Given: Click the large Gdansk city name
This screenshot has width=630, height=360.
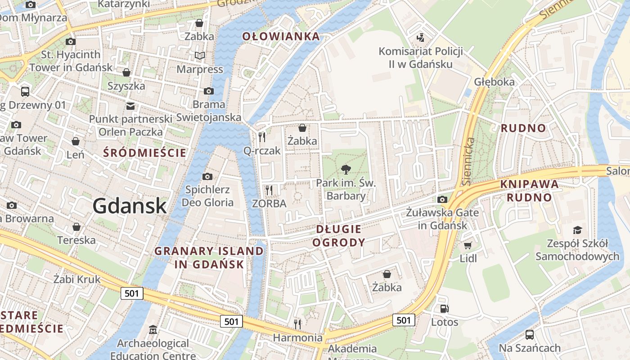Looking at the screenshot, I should point(130,206).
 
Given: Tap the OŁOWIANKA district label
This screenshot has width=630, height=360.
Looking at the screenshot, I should point(281,36).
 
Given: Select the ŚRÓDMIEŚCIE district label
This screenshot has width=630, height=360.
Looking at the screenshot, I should point(144,153).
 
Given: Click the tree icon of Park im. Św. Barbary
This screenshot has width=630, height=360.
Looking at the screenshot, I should point(346,170).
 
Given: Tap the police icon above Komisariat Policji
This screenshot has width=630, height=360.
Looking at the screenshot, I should point(420,37).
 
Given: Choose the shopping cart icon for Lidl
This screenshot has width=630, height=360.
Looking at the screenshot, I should point(468,245).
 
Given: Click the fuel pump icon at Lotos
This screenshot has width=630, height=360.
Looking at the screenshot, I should point(444,309).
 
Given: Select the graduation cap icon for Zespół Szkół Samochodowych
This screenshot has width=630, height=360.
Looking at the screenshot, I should point(577,230).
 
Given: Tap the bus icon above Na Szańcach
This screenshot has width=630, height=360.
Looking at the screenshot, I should point(530,335).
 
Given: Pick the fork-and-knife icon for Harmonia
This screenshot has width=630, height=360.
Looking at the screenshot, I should point(297,324).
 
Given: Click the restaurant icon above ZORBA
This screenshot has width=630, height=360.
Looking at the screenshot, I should point(269,190).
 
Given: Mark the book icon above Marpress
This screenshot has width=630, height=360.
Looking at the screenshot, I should point(200,56).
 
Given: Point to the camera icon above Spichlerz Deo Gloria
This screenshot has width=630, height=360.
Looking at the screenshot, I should point(207,176).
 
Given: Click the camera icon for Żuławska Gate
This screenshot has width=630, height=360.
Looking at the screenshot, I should point(442,199).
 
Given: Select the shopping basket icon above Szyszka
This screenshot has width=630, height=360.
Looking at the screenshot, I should point(126,72).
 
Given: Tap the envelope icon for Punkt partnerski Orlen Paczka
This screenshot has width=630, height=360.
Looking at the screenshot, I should point(130,106).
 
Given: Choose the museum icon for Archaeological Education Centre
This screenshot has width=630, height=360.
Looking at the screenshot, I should point(153,330).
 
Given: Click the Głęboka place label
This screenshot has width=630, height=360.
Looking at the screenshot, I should point(494,82).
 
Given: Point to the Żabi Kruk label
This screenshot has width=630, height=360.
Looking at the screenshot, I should point(76,279).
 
